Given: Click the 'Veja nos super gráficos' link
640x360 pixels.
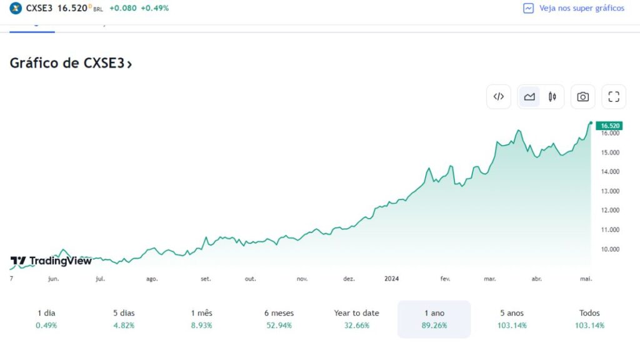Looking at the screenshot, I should point(574,8).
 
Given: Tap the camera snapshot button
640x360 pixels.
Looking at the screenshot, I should point(582,97).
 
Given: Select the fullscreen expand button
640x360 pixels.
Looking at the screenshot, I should point(614,97).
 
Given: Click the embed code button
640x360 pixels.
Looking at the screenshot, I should point(499,97).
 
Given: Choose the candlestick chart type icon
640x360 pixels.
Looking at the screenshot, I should point(552,97).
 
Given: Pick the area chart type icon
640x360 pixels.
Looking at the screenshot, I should point(529,97).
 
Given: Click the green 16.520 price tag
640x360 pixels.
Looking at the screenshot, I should point(609,126).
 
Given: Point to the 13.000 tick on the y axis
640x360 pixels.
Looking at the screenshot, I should point(610,191).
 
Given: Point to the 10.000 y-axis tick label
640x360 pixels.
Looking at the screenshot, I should point(610,249).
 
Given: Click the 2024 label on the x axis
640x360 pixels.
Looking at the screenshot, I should point(391,279).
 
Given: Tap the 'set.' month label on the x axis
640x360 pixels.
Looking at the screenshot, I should point(206,279).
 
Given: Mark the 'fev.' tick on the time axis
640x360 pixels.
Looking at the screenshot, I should point(445,279).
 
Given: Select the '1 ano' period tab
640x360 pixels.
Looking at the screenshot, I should point(434,319).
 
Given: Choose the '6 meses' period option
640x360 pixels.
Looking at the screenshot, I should point(279,319).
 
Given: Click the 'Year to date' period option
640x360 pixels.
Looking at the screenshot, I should point(356,319).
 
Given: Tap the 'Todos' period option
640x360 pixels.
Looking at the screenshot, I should point(589,319).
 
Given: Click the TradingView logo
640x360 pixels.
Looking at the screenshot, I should point(51,261).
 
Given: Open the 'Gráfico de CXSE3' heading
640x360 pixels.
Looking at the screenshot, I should point(71,63).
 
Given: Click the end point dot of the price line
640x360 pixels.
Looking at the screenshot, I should point(591,123).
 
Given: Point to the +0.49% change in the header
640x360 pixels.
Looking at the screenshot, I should point(154,8).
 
